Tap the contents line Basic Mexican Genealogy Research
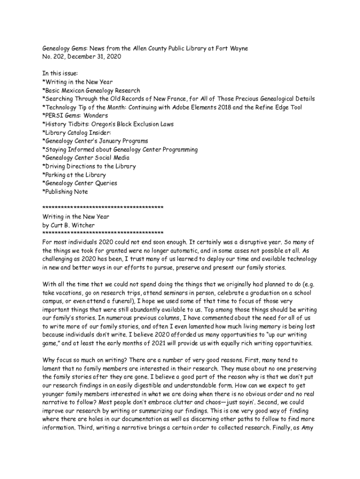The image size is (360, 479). coord(91,90)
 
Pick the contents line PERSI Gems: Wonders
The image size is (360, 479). coord(75,116)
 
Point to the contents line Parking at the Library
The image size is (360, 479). coord(74,174)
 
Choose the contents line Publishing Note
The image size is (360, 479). coord(65,191)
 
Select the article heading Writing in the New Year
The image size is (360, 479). coord(76,217)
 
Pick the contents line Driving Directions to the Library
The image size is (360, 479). coord(89,166)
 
